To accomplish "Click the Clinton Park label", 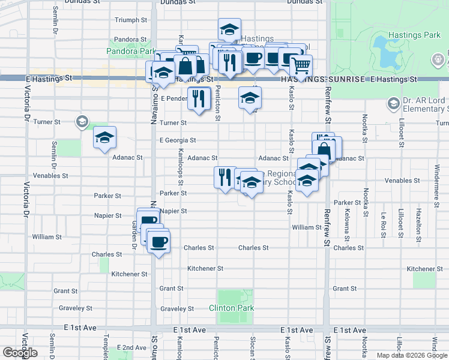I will click(232, 308).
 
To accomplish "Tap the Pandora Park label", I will click(131, 52).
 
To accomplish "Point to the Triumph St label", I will click(131, 20).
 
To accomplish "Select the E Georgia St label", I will click(178, 140).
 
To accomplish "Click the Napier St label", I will click(174, 211).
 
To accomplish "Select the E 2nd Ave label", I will click(132, 347).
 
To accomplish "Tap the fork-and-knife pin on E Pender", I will click(199, 98).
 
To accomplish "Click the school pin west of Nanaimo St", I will click(104, 139).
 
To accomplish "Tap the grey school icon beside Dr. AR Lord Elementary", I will click(393, 104).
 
